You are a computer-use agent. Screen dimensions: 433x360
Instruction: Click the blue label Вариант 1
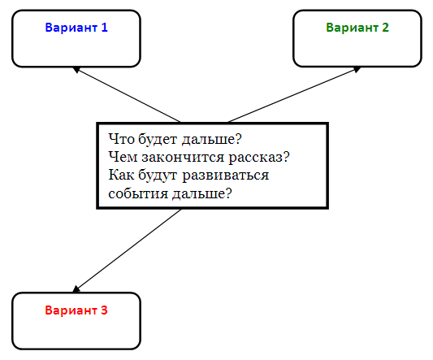(x=76, y=28)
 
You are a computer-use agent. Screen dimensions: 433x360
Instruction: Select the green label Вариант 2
(x=357, y=28)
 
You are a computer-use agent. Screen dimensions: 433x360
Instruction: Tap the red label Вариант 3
(x=76, y=310)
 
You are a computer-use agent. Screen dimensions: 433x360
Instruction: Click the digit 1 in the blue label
(x=104, y=28)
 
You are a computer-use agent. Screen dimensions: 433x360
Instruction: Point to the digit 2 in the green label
(x=386, y=28)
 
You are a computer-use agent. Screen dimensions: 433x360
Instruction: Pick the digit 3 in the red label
(x=104, y=310)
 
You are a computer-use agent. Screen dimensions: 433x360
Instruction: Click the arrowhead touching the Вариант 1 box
(x=76, y=69)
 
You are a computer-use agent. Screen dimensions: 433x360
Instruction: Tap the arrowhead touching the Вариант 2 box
(x=357, y=69)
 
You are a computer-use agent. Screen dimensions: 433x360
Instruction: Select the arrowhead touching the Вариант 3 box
(x=76, y=289)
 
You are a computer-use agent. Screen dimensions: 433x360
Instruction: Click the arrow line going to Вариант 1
(x=127, y=94)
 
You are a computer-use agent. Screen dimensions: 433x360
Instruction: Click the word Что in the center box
(x=121, y=139)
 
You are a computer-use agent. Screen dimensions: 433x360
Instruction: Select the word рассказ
(x=259, y=158)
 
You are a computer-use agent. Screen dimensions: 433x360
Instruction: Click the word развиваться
(x=226, y=176)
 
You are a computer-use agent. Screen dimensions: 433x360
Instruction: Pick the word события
(x=138, y=193)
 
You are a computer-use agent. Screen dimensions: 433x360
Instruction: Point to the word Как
(x=121, y=175)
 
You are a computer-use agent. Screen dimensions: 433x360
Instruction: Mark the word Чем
(x=123, y=157)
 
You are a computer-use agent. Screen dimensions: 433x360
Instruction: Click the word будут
(x=158, y=175)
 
